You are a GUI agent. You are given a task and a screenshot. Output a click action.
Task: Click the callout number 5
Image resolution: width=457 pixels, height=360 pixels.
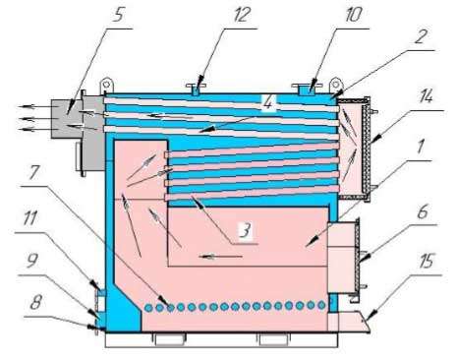[119, 14]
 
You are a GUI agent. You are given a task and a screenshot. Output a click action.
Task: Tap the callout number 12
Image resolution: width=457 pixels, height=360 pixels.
[241, 15]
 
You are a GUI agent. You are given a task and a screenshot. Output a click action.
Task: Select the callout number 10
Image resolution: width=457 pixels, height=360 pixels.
[353, 15]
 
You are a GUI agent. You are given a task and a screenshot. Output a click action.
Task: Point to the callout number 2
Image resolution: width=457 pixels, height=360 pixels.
[421, 36]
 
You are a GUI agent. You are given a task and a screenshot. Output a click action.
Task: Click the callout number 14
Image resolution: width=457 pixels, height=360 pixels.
[425, 96]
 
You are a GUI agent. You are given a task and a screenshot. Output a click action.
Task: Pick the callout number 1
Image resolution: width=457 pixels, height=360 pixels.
[421, 147]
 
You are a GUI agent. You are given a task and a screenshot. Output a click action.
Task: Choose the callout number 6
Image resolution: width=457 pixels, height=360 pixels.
[423, 211]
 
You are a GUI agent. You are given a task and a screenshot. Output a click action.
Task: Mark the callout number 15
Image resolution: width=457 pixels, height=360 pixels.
[426, 262]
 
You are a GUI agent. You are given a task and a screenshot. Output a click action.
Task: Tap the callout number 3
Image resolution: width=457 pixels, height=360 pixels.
[245, 229]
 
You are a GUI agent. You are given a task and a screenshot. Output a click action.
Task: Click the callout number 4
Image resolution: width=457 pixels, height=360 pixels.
[267, 102]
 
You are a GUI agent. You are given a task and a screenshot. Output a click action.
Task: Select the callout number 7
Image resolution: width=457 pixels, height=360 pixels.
[35, 172]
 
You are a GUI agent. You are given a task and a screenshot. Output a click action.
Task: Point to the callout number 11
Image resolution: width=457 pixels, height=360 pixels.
[30, 219]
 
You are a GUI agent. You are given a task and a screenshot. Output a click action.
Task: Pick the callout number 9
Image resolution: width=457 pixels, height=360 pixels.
[32, 262]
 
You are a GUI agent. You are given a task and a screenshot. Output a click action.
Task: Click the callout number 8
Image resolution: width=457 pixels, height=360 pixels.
[35, 303]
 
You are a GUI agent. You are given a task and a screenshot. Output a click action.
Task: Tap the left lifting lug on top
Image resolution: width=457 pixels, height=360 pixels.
[106, 85]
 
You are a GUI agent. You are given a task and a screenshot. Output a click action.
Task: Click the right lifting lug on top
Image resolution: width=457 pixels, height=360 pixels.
[335, 85]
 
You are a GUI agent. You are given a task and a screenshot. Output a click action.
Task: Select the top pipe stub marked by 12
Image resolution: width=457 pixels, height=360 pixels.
[196, 89]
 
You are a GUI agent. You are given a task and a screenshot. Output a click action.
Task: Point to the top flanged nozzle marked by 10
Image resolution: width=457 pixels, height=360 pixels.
[307, 90]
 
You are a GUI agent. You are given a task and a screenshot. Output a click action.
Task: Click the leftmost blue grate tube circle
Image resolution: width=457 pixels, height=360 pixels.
[148, 308]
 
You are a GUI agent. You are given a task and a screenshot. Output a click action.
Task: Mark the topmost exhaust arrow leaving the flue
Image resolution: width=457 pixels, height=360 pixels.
[34, 106]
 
